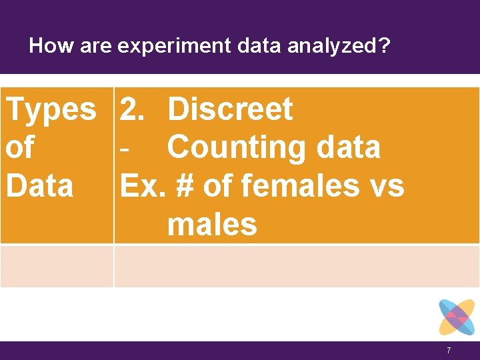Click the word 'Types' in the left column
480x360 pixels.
coord(51,109)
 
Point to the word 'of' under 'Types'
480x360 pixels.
coord(20,147)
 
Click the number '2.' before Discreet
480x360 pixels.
coord(135,109)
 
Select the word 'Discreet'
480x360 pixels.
coord(230,109)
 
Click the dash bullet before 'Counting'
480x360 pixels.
coord(124,148)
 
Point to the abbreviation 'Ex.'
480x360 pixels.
coord(144,185)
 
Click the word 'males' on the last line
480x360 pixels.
coord(212,225)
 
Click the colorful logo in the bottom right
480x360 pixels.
coord(457,317)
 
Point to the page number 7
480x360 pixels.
coord(449,351)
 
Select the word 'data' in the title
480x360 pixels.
coord(249,45)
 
